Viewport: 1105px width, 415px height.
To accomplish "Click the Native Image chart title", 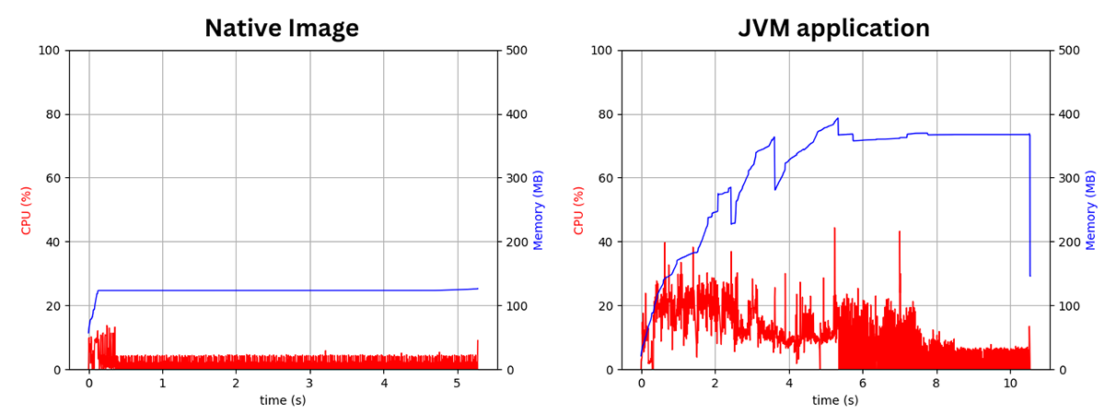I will (282, 29).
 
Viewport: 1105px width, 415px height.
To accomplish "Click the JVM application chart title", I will (834, 29).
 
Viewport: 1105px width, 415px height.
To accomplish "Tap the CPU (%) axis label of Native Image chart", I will (27, 209).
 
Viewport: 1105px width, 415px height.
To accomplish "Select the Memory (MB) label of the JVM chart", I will (1091, 209).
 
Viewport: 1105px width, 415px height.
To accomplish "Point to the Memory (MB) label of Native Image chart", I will (539, 209).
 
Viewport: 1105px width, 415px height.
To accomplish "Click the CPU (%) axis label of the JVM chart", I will (579, 209).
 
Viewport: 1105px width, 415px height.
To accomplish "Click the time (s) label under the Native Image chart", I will (282, 400).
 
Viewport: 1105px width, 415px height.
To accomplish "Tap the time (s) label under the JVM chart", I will (834, 400).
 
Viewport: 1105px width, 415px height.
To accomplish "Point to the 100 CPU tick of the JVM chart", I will (602, 50).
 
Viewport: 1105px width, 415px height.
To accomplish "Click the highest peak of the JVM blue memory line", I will (838, 118).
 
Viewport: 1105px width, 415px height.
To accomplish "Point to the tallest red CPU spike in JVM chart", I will (835, 228).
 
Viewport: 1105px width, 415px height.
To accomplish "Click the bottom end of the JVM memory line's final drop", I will (1029, 276).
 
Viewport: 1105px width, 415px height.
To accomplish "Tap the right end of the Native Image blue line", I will (478, 289).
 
